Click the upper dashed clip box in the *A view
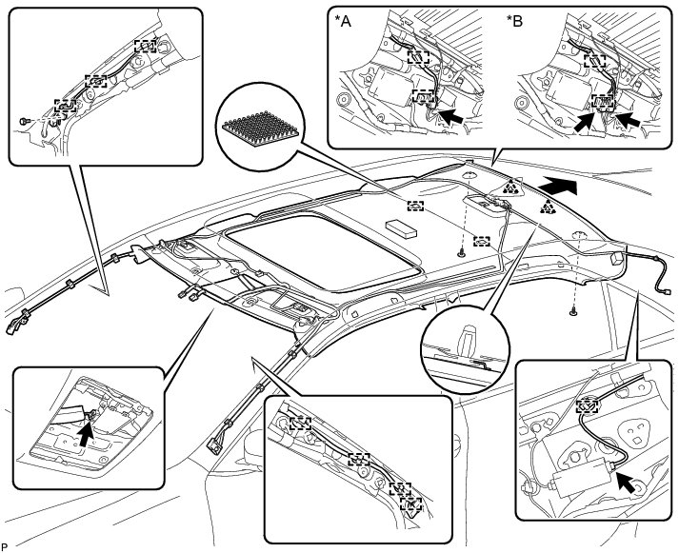click(x=417, y=56)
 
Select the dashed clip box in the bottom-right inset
click(x=590, y=403)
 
